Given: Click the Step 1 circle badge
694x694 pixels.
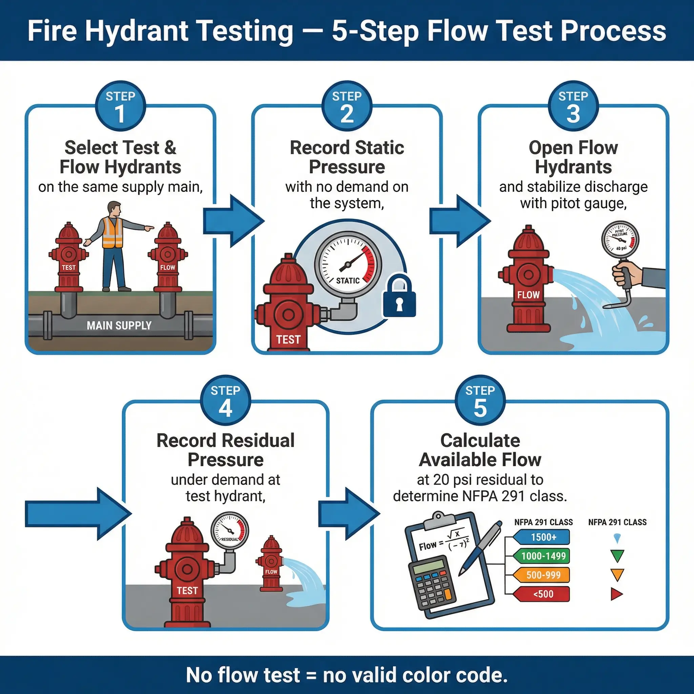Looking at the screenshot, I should pyautogui.click(x=120, y=106).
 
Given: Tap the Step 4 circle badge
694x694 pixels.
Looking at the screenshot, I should pyautogui.click(x=225, y=401).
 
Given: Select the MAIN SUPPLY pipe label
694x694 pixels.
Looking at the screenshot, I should pyautogui.click(x=119, y=325).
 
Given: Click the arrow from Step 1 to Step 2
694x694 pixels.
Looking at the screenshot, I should pyautogui.click(x=233, y=221).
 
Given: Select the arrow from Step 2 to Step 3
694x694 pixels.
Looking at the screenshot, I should pyautogui.click(x=460, y=221).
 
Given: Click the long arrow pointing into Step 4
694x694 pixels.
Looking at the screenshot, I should pyautogui.click(x=77, y=514).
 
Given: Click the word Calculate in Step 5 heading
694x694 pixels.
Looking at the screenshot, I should pyautogui.click(x=480, y=441).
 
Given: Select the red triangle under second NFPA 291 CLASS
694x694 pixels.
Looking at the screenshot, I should pyautogui.click(x=616, y=594).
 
